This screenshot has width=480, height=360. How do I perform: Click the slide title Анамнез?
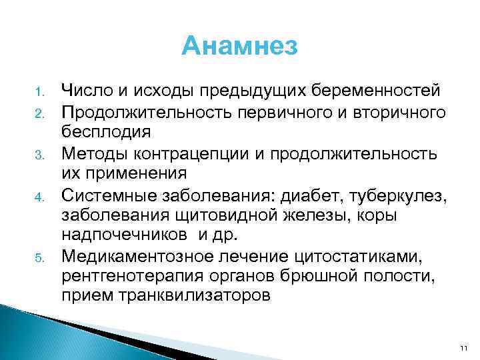[240, 47]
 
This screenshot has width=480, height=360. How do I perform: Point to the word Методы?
[93, 153]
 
